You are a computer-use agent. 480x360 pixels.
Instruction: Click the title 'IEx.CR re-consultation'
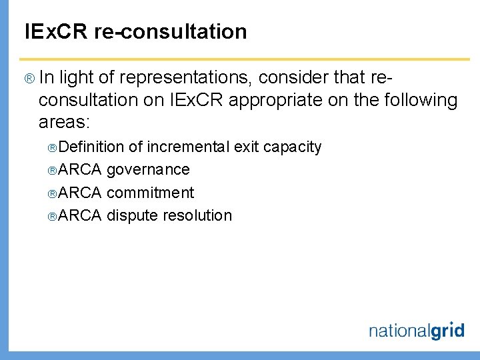point(135,31)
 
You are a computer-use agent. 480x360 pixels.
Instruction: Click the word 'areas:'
point(64,123)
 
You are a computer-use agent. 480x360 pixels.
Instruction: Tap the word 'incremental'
point(188,147)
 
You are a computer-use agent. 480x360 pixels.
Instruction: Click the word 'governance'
point(148,170)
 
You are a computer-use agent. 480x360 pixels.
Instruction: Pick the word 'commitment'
point(150,193)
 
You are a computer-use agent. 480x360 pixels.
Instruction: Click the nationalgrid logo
point(416,330)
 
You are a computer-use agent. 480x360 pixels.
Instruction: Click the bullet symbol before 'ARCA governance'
point(53,170)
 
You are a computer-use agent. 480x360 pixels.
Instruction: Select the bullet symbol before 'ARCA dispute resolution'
point(53,216)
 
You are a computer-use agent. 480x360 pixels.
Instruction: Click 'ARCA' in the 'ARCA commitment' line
point(80,193)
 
